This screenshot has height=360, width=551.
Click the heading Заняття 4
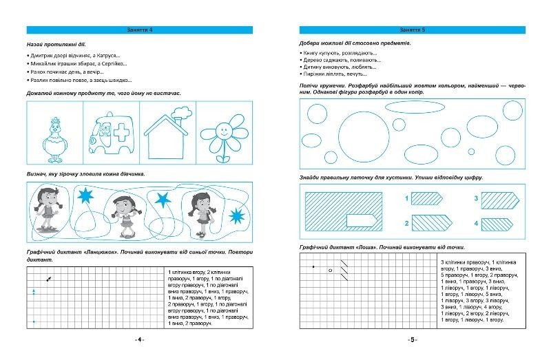pyautogui.click(x=140, y=30)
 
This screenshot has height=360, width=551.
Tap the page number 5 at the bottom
pyautogui.click(x=412, y=340)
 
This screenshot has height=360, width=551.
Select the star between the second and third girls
pyautogui.click(x=163, y=200)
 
